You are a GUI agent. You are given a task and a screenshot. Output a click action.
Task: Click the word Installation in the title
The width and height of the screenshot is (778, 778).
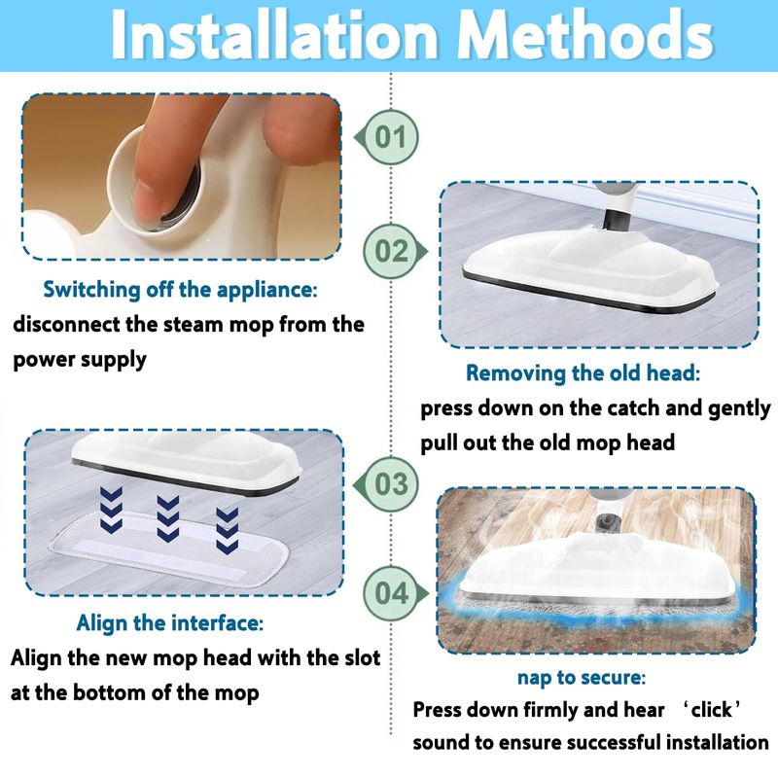pos(275,36)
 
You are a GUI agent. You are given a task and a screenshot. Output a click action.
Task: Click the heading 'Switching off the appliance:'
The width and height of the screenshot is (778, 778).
pos(180,290)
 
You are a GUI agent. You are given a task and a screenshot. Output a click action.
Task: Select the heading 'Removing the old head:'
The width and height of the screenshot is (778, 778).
pos(583,373)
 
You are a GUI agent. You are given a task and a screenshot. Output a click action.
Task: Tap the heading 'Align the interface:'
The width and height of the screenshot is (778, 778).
pos(169,622)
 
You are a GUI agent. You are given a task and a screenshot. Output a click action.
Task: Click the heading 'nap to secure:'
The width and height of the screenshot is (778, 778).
pos(582,677)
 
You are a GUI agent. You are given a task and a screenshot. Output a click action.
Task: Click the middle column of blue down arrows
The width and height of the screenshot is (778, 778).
pos(167,518)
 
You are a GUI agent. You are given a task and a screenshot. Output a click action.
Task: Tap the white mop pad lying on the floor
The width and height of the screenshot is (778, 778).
pos(168,550)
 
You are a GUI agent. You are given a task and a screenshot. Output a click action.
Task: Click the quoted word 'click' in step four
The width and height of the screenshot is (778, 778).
pos(711,710)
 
